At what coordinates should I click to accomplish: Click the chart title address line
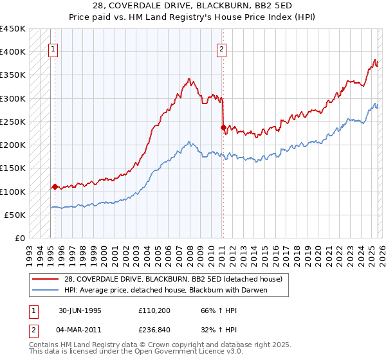[193, 6]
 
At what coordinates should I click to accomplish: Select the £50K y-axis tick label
[15, 215]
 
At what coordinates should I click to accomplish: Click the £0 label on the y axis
[21, 238]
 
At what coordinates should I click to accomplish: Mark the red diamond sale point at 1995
[55, 187]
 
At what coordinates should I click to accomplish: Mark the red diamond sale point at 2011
[223, 128]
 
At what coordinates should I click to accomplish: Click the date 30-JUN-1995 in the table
[80, 310]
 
